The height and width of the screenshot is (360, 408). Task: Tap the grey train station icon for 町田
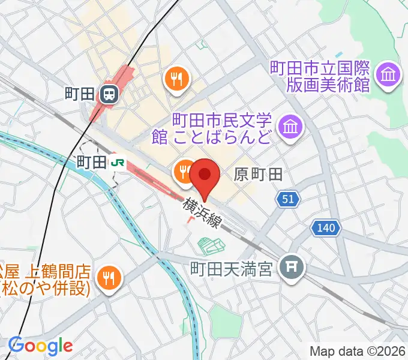coord(109,93)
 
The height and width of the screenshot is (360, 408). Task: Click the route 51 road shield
coord(289,199)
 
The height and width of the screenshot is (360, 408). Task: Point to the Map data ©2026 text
coord(358,352)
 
